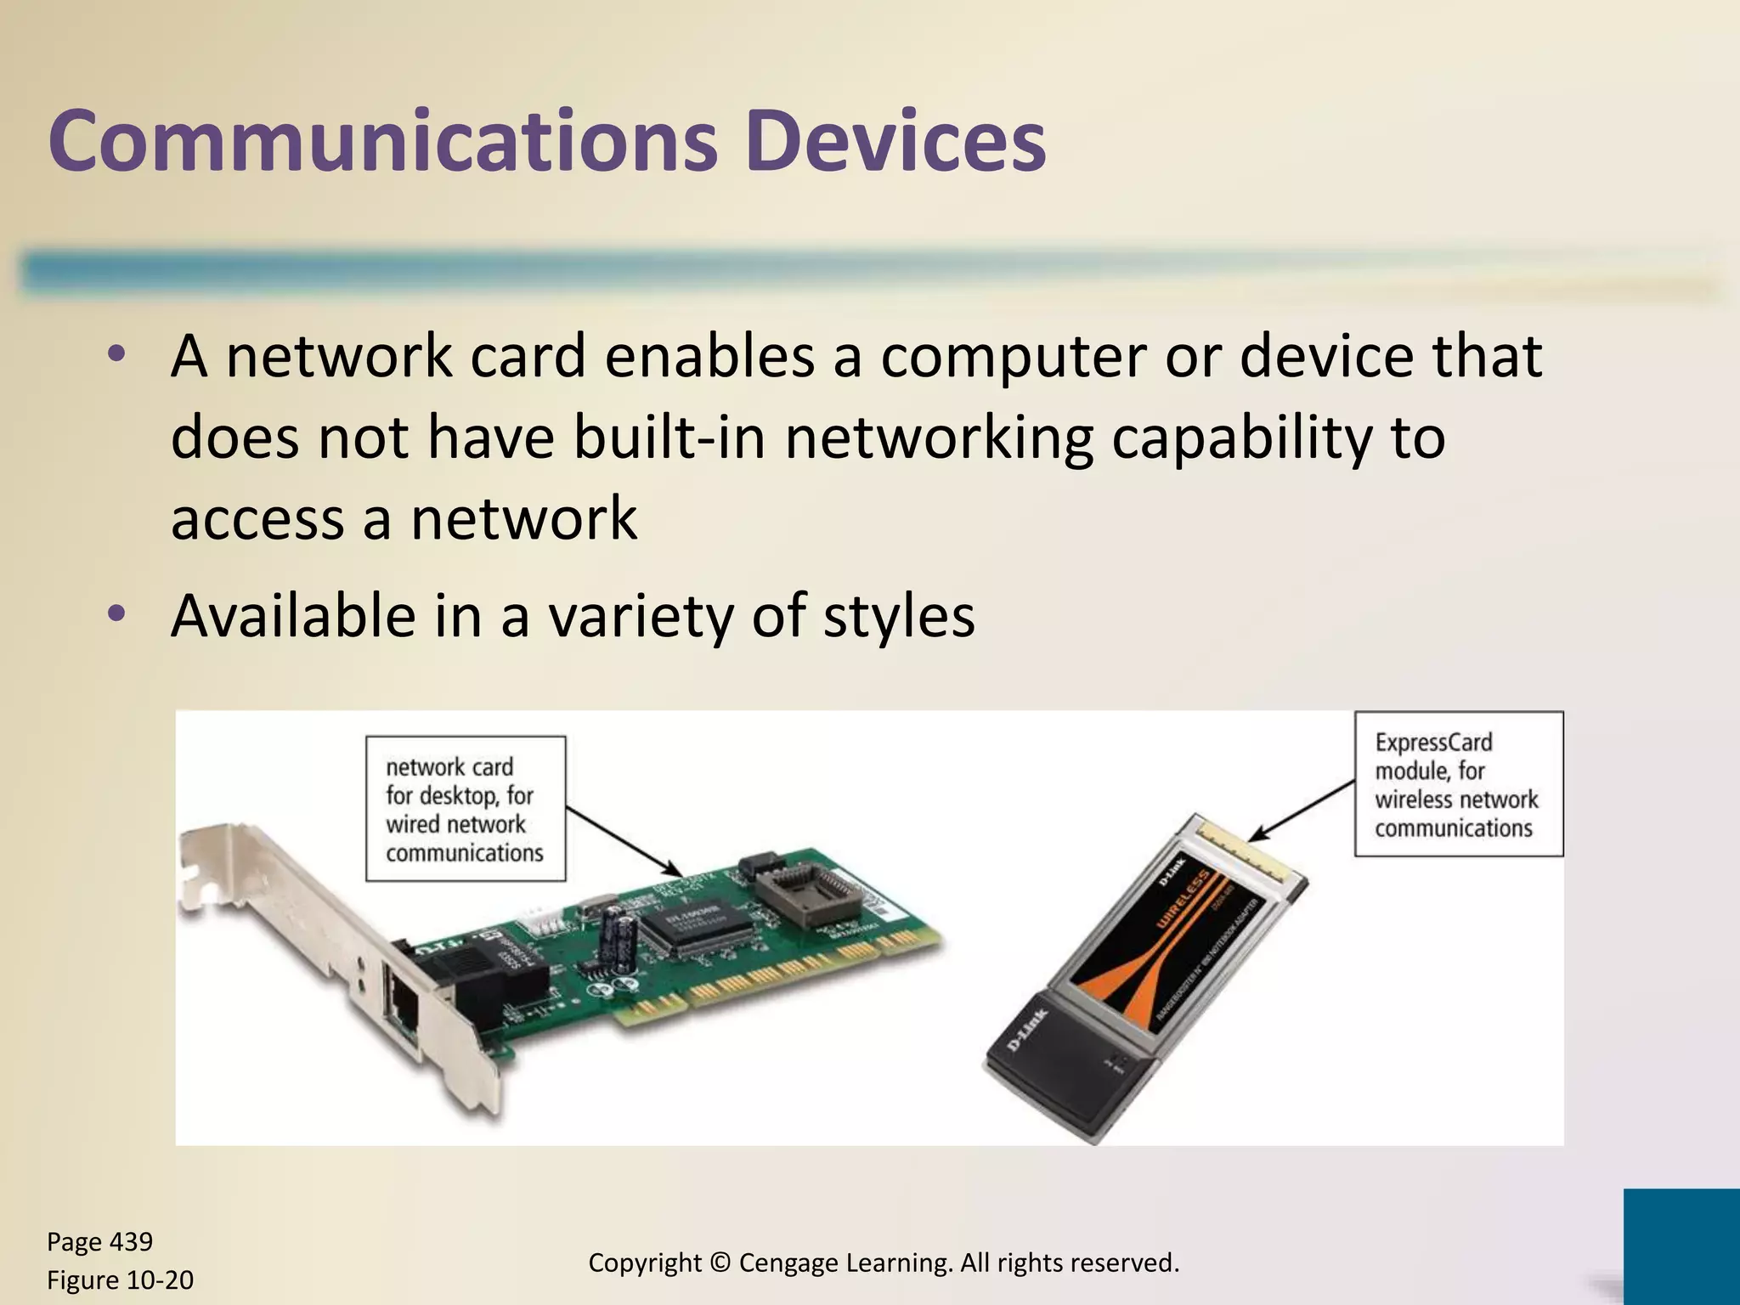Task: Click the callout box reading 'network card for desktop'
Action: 465,808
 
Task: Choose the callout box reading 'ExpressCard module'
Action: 1457,783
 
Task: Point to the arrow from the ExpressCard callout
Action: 1304,811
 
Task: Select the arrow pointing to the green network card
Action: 624,842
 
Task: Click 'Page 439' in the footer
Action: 99,1241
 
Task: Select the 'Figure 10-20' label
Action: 120,1280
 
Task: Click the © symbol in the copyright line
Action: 720,1263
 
